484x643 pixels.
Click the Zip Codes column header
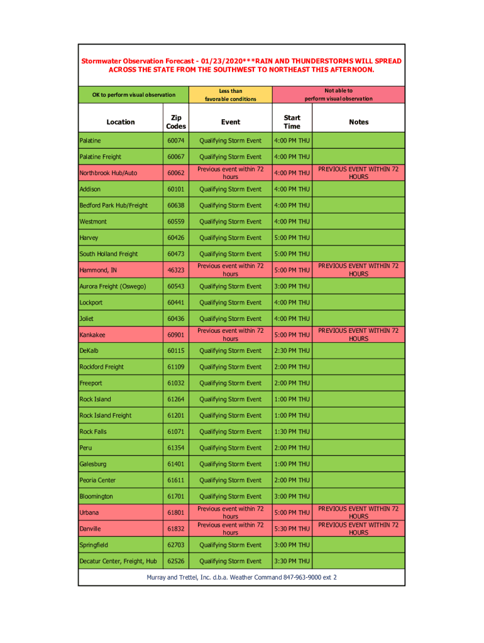click(x=176, y=122)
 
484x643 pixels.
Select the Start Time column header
click(x=292, y=122)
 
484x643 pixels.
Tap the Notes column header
click(x=358, y=122)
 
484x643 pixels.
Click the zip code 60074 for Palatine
click(x=176, y=141)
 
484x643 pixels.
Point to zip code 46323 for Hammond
click(x=176, y=270)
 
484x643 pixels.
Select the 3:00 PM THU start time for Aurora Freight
click(x=292, y=286)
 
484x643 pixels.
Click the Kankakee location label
click(x=92, y=335)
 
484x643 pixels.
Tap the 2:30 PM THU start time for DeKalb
click(x=292, y=351)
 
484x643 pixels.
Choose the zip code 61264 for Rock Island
click(x=176, y=399)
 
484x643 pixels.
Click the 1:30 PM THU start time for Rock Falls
click(x=292, y=432)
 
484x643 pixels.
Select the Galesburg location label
click(x=93, y=464)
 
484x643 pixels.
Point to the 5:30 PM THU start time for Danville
click(x=292, y=529)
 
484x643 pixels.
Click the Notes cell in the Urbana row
click(x=358, y=512)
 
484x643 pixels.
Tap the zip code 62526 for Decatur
click(x=176, y=561)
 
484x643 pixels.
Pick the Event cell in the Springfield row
click(x=230, y=545)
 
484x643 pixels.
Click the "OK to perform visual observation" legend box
click(x=134, y=95)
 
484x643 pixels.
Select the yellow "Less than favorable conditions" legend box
click(x=231, y=95)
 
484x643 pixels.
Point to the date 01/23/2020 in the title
click(x=221, y=61)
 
